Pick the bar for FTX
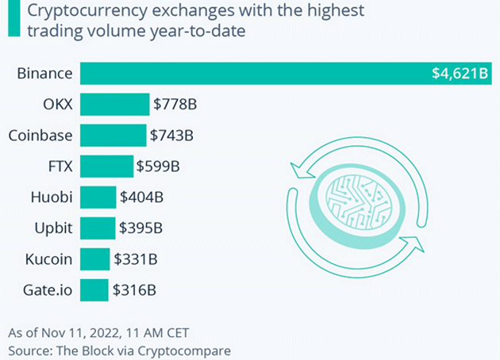[106, 167]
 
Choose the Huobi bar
[98, 197]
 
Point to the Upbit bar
[97, 228]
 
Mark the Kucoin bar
[94, 259]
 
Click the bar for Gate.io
[94, 290]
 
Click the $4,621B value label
[458, 75]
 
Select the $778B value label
[175, 105]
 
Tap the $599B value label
[159, 167]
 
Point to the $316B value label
[133, 290]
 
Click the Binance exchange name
[45, 74]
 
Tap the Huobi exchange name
[53, 197]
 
